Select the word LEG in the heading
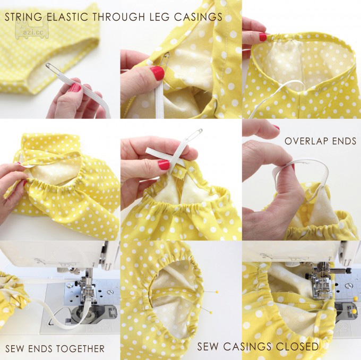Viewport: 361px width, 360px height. point(161,17)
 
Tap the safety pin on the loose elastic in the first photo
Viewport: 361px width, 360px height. point(53,68)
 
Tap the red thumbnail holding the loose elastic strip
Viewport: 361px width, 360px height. point(75,88)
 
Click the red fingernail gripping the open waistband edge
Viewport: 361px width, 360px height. point(263,37)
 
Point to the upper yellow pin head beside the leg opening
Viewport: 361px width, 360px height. point(217,292)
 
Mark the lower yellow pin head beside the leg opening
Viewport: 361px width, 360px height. point(210,312)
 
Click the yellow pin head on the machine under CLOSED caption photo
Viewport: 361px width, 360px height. point(353,312)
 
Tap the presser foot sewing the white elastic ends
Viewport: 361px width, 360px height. point(88,290)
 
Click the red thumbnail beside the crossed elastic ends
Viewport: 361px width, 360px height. point(164,165)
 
